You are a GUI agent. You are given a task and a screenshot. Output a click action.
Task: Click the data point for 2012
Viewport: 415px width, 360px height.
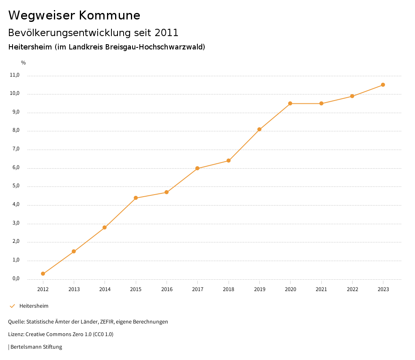[43, 274]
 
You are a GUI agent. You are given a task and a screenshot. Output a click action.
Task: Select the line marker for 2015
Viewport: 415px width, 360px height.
[136, 198]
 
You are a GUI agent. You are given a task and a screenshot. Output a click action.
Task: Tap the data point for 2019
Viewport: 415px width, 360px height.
[259, 129]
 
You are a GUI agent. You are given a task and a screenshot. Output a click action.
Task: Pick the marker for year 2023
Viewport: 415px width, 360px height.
[383, 85]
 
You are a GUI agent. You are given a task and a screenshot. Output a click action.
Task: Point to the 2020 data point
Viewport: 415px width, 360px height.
[290, 103]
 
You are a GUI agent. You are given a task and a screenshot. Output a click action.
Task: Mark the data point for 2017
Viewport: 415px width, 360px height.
[197, 168]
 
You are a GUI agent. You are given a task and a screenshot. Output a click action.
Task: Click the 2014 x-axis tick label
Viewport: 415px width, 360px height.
[105, 289]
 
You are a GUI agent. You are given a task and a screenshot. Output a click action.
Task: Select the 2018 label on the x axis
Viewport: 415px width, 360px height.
[229, 289]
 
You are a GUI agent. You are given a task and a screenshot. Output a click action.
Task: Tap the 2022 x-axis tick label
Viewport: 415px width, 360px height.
[352, 289]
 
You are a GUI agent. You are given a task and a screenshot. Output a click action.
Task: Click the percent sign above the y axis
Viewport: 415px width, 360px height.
[24, 63]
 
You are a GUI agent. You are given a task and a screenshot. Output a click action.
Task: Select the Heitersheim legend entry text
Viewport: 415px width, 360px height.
[34, 306]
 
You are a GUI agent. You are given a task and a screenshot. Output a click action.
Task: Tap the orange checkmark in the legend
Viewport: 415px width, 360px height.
[12, 306]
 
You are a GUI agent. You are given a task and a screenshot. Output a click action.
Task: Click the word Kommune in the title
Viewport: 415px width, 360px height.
[109, 15]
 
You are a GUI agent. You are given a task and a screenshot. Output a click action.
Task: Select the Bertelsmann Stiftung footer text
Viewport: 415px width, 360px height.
[36, 347]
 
